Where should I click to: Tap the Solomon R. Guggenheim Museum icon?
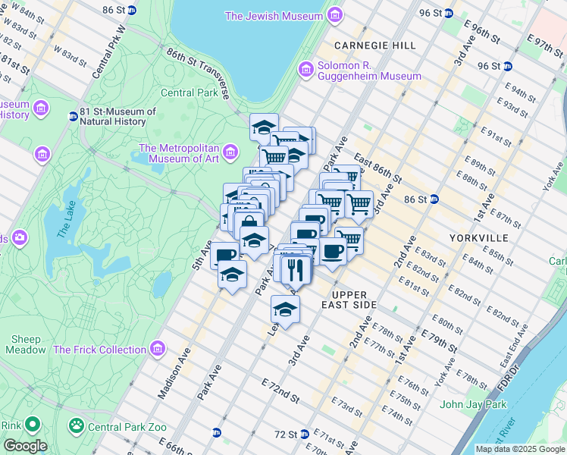(306, 70)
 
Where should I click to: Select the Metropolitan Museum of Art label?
(178, 153)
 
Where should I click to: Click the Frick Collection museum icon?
(158, 350)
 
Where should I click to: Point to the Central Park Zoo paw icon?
(76, 427)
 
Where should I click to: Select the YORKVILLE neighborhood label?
(480, 237)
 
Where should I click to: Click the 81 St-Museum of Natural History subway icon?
(73, 116)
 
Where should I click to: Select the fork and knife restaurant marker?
(293, 269)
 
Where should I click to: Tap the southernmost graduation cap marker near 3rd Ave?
(285, 309)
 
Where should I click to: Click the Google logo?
(25, 446)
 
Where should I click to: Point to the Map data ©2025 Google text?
(520, 449)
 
